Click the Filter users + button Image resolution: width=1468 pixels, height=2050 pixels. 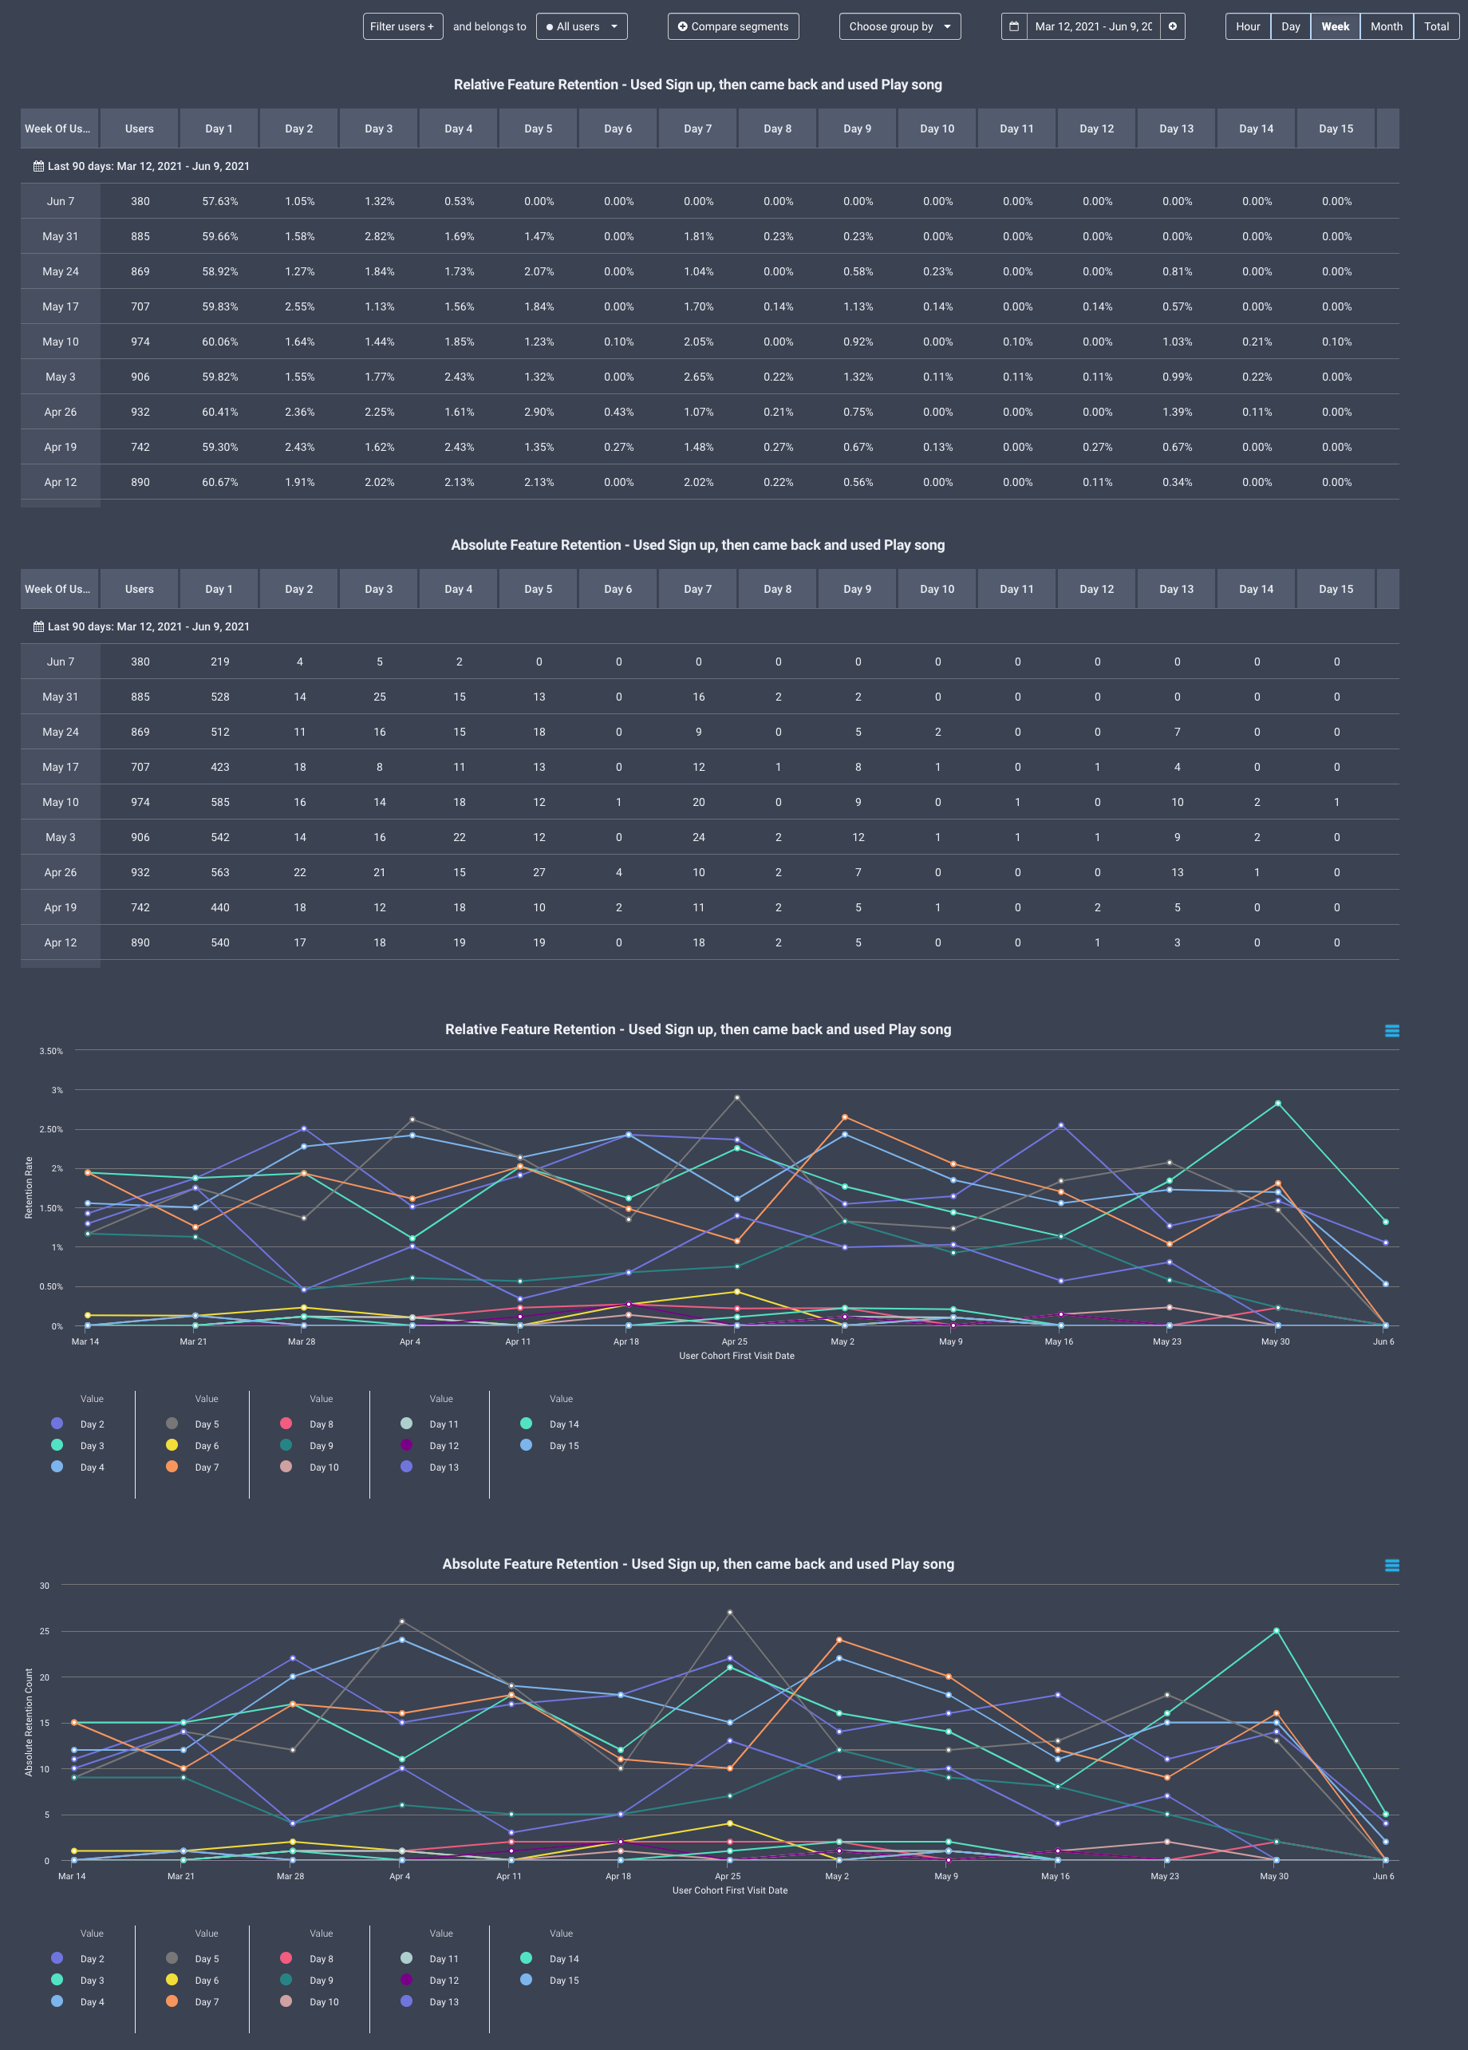[x=402, y=26]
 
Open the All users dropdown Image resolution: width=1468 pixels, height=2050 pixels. [x=582, y=26]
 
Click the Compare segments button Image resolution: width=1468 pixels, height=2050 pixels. [x=733, y=26]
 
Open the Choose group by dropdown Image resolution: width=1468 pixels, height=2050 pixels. [x=899, y=26]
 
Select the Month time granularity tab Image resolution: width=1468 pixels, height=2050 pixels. [x=1386, y=26]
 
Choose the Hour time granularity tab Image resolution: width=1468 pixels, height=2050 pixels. [x=1248, y=26]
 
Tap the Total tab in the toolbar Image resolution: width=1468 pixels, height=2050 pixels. [x=1435, y=26]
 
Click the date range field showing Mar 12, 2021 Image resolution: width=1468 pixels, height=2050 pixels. [x=1092, y=26]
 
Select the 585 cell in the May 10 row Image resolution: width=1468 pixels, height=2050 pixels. [x=219, y=802]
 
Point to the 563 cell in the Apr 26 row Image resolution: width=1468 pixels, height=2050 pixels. [x=219, y=872]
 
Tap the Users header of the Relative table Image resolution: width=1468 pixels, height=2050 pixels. [x=139, y=128]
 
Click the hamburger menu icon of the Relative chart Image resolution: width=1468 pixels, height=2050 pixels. [x=1391, y=1030]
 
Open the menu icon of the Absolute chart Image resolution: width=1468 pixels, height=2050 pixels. [x=1391, y=1565]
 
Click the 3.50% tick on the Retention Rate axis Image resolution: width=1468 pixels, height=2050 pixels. [x=50, y=1051]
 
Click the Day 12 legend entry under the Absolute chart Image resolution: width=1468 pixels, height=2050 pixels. [x=443, y=1981]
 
